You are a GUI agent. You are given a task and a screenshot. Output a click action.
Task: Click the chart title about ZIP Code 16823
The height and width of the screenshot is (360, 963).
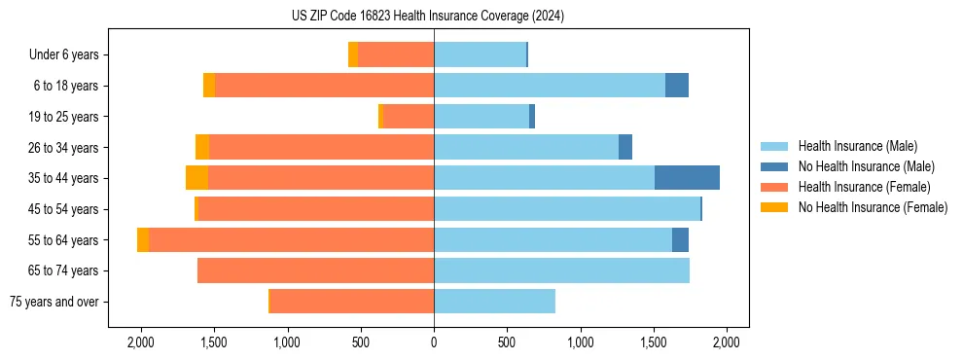[427, 17]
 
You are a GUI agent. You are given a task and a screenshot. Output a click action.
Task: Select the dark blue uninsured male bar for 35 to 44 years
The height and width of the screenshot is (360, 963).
[687, 178]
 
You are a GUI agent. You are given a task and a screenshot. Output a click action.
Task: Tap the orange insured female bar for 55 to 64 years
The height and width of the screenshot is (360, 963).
[291, 239]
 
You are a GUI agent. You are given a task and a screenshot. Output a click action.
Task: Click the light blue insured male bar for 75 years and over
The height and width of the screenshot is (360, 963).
[494, 302]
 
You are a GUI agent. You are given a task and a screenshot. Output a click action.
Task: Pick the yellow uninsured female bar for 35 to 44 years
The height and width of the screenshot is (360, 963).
[196, 178]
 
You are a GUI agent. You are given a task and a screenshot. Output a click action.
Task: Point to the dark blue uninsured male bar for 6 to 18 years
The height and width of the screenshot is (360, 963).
[677, 86]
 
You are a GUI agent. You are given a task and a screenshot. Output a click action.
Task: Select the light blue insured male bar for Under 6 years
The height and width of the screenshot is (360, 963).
[480, 54]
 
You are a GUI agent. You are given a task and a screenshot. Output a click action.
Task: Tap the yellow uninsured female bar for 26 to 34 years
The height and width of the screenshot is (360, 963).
[202, 147]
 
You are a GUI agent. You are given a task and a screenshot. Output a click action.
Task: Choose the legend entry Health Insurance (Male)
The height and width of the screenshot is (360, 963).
[857, 146]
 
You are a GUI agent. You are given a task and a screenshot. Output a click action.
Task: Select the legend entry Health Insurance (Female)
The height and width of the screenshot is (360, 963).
[864, 187]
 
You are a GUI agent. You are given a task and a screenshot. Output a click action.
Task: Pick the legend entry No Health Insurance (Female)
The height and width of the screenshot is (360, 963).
[873, 207]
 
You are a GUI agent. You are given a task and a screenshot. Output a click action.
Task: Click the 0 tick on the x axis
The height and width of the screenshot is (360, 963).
[434, 342]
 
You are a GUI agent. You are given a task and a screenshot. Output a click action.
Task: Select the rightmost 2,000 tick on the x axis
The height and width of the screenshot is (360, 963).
[727, 342]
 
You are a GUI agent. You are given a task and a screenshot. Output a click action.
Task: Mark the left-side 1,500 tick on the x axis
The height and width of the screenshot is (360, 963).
[213, 342]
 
